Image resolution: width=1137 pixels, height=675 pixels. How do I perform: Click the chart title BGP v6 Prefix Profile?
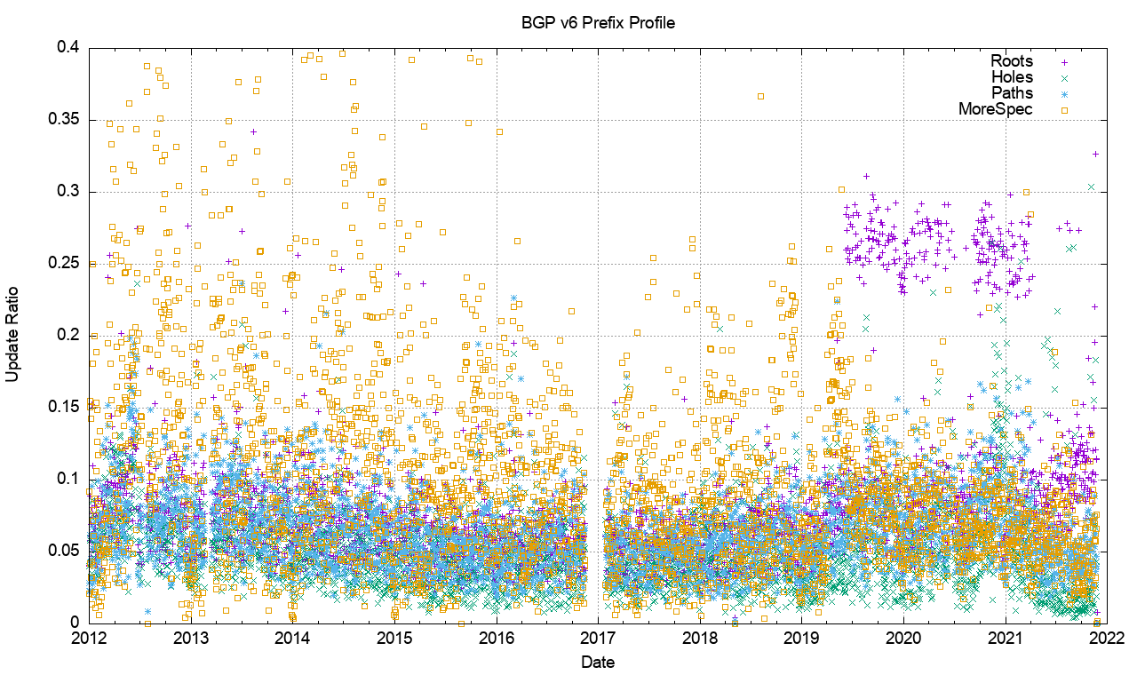[x=598, y=22]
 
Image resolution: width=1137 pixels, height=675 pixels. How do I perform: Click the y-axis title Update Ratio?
[x=12, y=335]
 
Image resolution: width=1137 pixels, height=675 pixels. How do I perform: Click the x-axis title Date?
[x=597, y=662]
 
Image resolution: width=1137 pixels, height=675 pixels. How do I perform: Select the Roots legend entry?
[x=1012, y=61]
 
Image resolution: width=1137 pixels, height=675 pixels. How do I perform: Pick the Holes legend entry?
[x=1013, y=77]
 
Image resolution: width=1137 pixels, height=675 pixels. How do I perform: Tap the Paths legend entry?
[x=1013, y=93]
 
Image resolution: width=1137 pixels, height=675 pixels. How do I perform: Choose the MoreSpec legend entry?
[x=996, y=109]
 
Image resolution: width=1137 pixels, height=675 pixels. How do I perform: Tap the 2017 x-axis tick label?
[x=598, y=638]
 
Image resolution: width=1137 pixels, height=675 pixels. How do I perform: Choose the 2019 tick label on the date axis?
[x=802, y=638]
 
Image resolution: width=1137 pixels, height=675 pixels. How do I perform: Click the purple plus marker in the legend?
[x=1063, y=62]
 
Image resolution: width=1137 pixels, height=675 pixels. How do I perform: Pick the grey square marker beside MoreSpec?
[x=1063, y=109]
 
